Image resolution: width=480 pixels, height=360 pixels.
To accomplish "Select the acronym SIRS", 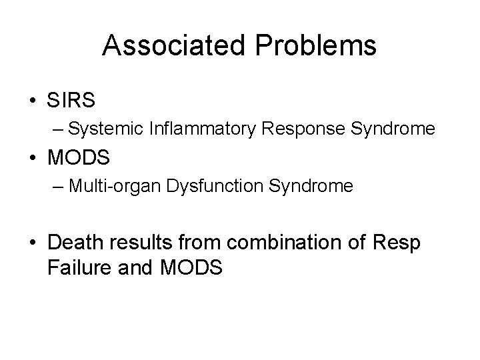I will pyautogui.click(x=71, y=101).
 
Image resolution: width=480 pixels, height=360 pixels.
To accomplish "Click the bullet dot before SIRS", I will pyautogui.click(x=33, y=101).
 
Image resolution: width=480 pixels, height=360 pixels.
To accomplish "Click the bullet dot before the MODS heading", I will pyautogui.click(x=33, y=159).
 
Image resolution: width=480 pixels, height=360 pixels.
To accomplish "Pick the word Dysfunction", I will pyautogui.click(x=203, y=186).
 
